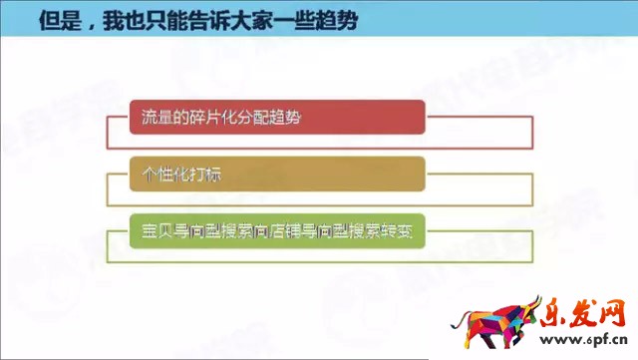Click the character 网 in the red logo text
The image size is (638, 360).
tap(612, 313)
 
